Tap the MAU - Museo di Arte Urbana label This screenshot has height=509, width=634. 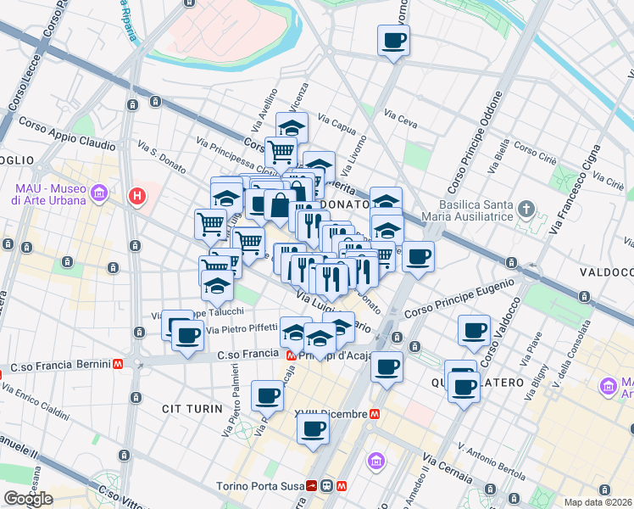tap(49, 194)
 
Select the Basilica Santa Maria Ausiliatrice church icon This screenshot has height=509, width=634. tap(526, 209)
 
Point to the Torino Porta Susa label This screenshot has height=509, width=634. tap(264, 486)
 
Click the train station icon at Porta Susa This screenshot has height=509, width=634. tap(326, 486)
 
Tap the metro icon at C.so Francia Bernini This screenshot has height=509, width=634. tap(119, 365)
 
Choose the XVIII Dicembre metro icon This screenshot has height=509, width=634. tap(375, 414)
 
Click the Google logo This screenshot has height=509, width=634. tap(29, 499)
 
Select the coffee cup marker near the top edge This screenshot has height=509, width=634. tap(394, 40)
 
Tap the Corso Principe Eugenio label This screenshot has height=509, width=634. tap(459, 299)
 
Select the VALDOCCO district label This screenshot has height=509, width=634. tap(606, 272)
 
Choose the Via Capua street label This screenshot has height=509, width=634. tap(336, 125)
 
